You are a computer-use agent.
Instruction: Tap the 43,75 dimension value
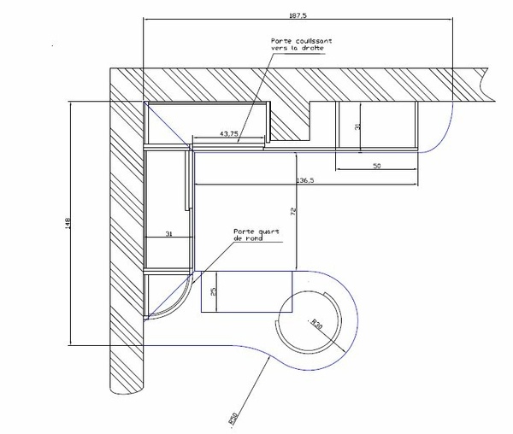[x=228, y=133]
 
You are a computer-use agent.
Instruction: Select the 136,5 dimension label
[x=305, y=180]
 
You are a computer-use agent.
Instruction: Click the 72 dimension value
[x=292, y=210]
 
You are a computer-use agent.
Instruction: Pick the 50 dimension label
[x=377, y=166]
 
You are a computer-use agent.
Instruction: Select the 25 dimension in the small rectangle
[x=213, y=292]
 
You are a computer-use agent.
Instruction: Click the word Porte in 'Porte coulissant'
[x=280, y=41]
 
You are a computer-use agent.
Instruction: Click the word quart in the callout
[x=268, y=232]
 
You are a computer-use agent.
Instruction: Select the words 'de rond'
[x=246, y=239]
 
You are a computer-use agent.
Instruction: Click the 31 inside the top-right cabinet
[x=359, y=126]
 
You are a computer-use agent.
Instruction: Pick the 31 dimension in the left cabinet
[x=168, y=233]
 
